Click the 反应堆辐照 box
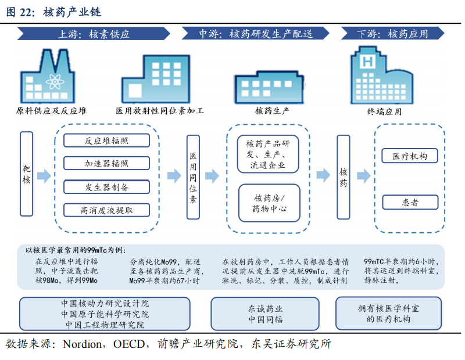pyautogui.click(x=106, y=141)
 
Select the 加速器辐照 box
pyautogui.click(x=106, y=164)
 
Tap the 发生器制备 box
pyautogui.click(x=106, y=187)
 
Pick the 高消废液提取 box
pyautogui.click(x=106, y=210)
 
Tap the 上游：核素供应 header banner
pyautogui.click(x=94, y=34)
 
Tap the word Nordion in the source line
pyautogui.click(x=81, y=344)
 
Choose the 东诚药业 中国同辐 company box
pyautogui.click(x=266, y=314)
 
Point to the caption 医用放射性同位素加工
pyautogui.click(x=160, y=110)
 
